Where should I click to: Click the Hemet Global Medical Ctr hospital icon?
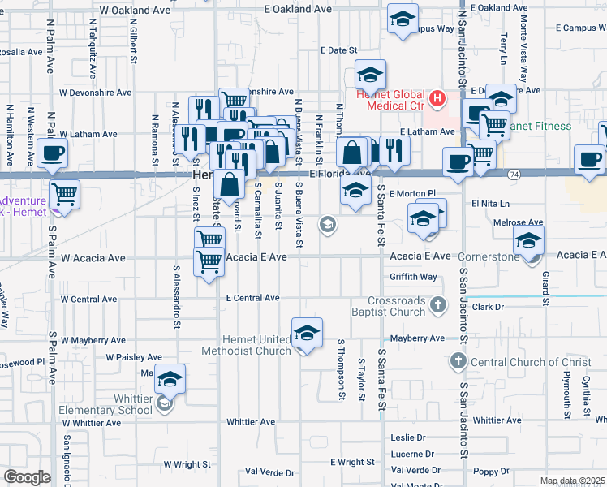click(437, 99)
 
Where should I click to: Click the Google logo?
click(26, 477)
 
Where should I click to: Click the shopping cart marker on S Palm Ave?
click(64, 196)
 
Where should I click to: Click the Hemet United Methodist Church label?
click(258, 345)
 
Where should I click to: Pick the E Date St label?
click(339, 50)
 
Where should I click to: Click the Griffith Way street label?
click(413, 277)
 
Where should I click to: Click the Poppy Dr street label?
click(492, 471)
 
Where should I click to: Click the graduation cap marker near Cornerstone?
click(528, 241)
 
